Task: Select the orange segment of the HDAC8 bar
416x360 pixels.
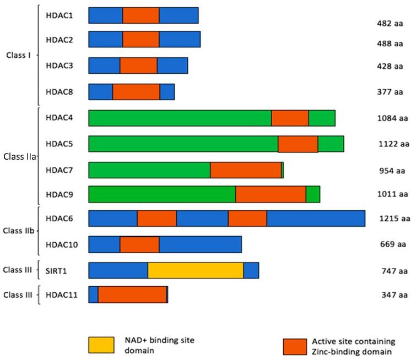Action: [x=136, y=92]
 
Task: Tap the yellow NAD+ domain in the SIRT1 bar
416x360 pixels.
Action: [x=196, y=270]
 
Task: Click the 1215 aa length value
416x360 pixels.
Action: [x=395, y=219]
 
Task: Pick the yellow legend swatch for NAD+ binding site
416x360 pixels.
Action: [x=101, y=345]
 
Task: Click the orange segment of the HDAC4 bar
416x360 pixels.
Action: [x=290, y=118]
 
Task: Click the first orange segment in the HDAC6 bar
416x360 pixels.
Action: [x=156, y=218]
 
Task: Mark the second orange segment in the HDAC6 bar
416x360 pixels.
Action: [x=247, y=218]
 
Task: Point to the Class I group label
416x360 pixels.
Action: [x=19, y=56]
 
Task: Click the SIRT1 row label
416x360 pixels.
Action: [x=57, y=270]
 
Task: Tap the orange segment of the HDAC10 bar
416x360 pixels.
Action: [x=139, y=244]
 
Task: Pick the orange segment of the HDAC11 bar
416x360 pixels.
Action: [x=132, y=294]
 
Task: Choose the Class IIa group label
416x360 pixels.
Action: [x=19, y=156]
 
